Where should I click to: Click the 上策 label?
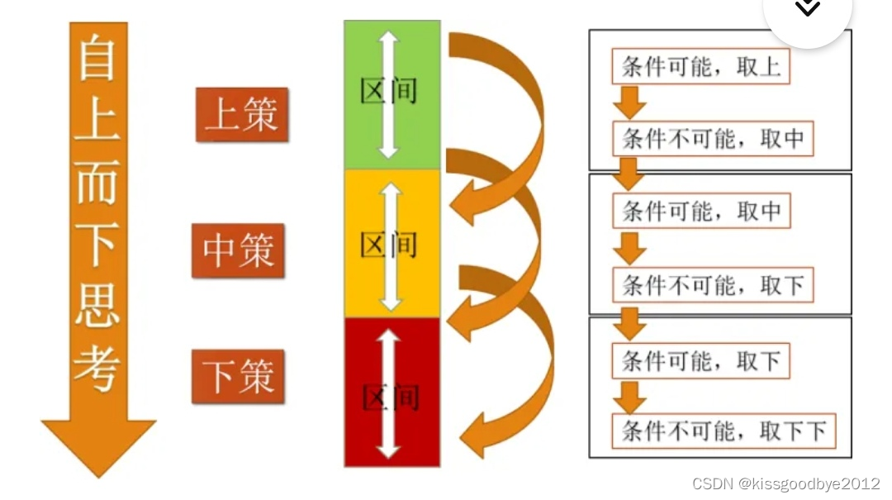pos(242,115)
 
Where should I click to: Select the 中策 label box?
pos(239,250)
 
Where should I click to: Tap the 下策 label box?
pos(239,377)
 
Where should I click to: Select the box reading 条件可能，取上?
pos(700,67)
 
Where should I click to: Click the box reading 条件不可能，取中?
pos(713,138)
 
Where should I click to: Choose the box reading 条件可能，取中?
pos(700,211)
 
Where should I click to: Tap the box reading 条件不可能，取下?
pos(713,285)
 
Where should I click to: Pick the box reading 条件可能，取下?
pos(700,360)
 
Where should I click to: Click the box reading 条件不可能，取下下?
pos(724,431)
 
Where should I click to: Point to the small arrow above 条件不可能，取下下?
pos(629,398)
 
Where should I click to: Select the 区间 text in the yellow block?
pos(389,245)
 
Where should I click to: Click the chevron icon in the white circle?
pos(807,7)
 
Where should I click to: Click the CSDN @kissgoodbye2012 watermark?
pos(785,484)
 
